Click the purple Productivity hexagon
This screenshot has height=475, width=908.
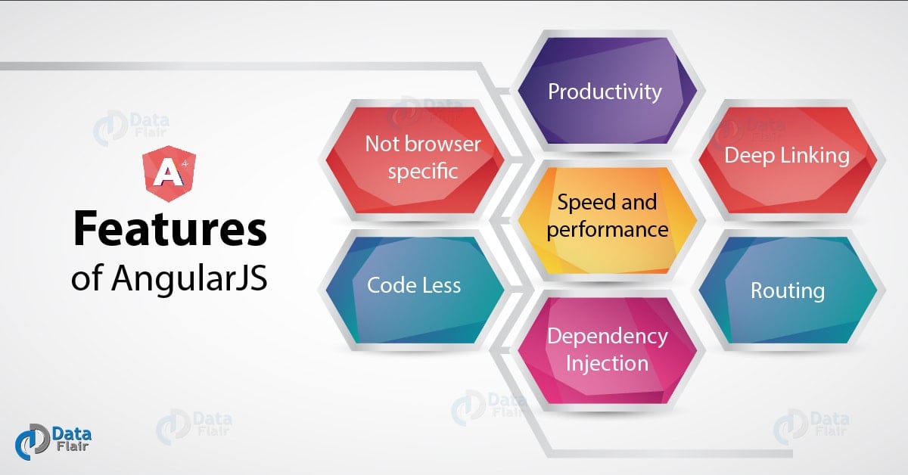click(x=607, y=91)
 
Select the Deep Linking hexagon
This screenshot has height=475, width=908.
click(x=788, y=160)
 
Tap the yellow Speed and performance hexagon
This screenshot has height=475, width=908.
click(x=607, y=220)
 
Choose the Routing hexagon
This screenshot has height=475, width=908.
click(x=788, y=290)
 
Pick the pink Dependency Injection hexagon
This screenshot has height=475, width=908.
click(x=607, y=350)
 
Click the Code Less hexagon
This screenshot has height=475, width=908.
click(x=415, y=290)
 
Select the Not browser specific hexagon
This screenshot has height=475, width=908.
click(x=415, y=160)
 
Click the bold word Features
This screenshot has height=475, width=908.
click(x=169, y=228)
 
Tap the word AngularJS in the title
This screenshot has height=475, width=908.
click(x=189, y=278)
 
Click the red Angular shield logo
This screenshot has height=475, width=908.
click(x=169, y=173)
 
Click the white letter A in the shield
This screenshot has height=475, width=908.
click(x=167, y=173)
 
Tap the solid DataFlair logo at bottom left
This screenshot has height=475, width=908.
click(x=53, y=442)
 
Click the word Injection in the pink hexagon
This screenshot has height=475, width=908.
click(x=607, y=363)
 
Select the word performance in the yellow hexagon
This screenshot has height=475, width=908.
click(x=607, y=230)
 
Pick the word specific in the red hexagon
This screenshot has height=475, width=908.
click(x=423, y=172)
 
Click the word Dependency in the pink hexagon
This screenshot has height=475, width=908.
click(x=607, y=337)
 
